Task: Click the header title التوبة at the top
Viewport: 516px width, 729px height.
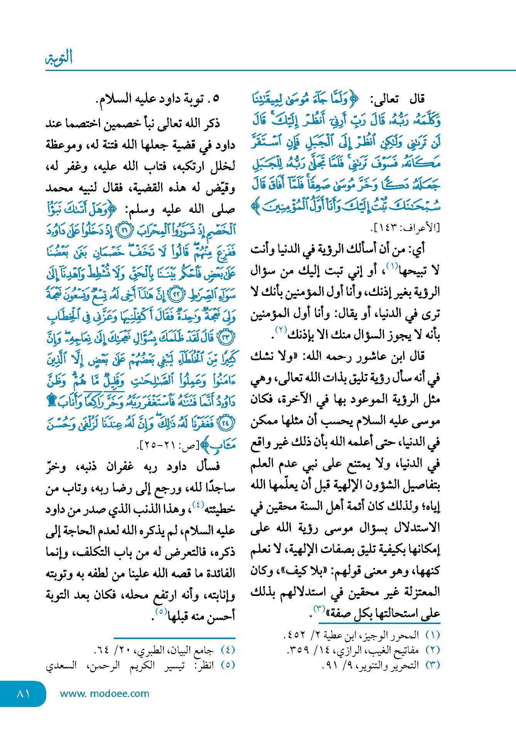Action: point(59,58)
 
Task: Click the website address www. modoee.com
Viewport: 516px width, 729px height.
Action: point(104,694)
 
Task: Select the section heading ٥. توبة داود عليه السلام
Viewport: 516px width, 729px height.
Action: point(158,99)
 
